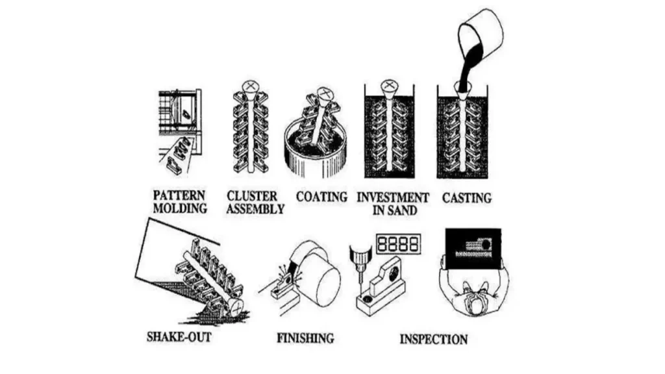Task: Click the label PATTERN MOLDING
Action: (180, 202)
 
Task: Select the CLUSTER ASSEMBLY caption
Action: (255, 202)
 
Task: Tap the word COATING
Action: (321, 196)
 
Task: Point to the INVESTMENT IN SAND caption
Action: (393, 202)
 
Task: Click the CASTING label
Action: (467, 197)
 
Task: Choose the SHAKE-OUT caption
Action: (179, 337)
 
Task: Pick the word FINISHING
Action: (305, 338)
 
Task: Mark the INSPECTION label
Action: (433, 338)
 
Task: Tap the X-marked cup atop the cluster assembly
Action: (249, 88)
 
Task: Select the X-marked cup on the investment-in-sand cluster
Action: (389, 87)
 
